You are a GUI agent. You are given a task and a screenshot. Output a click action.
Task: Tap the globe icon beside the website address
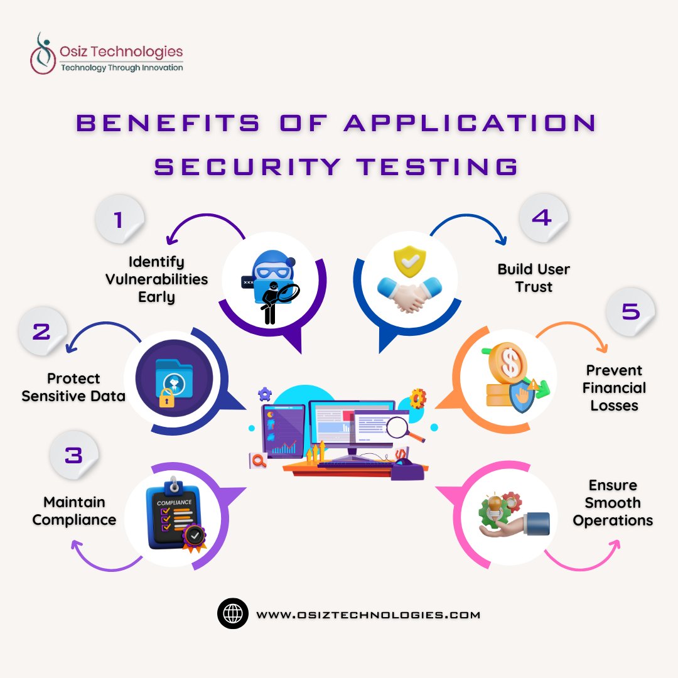pyautogui.click(x=233, y=614)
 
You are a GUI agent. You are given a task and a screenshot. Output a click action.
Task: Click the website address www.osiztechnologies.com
pyautogui.click(x=368, y=615)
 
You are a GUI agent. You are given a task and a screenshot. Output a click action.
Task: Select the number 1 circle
pyautogui.click(x=119, y=219)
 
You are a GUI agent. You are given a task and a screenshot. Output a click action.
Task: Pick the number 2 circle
pyautogui.click(x=41, y=330)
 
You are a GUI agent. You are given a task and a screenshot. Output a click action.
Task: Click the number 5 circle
pyautogui.click(x=630, y=312)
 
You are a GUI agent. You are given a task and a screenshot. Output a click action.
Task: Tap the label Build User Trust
pyautogui.click(x=534, y=278)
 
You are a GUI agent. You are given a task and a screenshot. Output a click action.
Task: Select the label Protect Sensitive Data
pyautogui.click(x=73, y=387)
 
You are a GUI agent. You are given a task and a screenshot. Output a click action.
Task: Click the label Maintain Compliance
pyautogui.click(x=74, y=511)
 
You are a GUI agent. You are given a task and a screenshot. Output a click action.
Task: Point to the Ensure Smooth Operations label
pyautogui.click(x=613, y=503)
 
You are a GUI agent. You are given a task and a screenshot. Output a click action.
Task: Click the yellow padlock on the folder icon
pyautogui.click(x=166, y=397)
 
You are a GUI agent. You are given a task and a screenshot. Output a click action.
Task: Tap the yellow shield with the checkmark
pyautogui.click(x=407, y=262)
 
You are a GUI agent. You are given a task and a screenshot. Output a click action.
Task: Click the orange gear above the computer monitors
pyautogui.click(x=417, y=397)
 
